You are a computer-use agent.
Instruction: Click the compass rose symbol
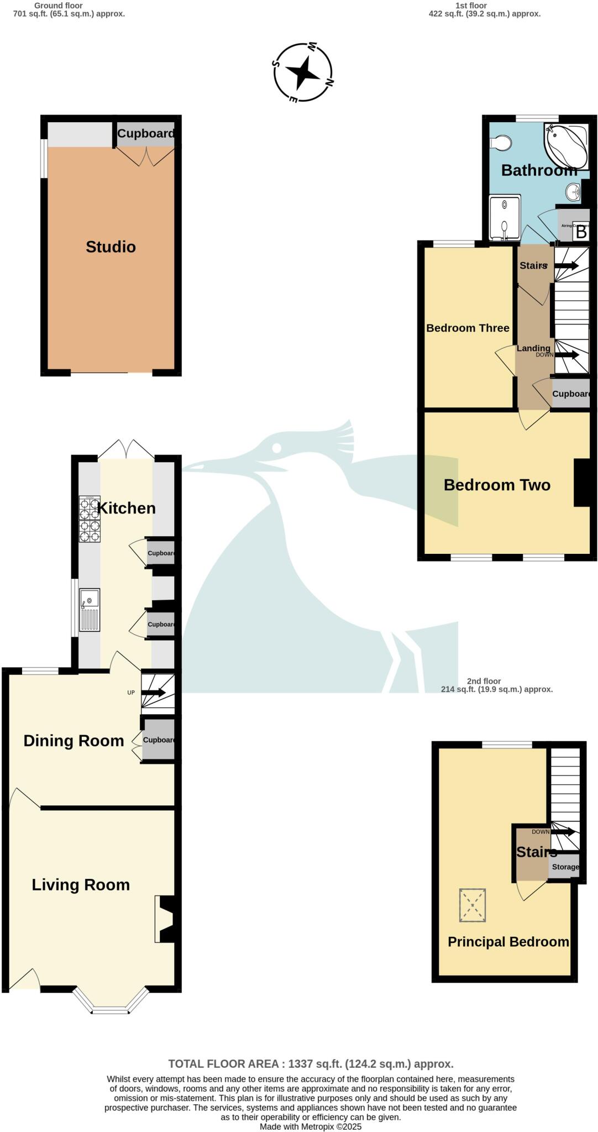(303, 72)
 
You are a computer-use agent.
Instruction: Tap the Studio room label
(111, 247)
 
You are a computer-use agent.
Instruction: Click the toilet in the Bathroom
(500, 143)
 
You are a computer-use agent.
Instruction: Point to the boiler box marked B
(580, 232)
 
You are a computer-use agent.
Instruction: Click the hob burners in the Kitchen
(90, 519)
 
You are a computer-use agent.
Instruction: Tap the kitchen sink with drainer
(90, 610)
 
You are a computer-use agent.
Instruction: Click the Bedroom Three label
(468, 328)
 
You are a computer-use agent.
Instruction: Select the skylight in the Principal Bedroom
(472, 905)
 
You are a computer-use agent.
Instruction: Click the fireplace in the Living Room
(166, 919)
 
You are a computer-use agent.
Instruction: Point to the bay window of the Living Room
(111, 1004)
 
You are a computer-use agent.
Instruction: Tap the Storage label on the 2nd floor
(565, 867)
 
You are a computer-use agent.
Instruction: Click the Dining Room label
(74, 741)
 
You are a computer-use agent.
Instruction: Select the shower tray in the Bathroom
(505, 218)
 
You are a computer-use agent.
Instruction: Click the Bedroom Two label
(497, 485)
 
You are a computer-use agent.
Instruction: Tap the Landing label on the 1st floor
(533, 348)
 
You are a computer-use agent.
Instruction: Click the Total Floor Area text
(311, 1063)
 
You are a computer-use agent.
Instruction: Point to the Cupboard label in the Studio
(146, 134)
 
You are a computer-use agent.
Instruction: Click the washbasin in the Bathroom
(573, 193)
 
